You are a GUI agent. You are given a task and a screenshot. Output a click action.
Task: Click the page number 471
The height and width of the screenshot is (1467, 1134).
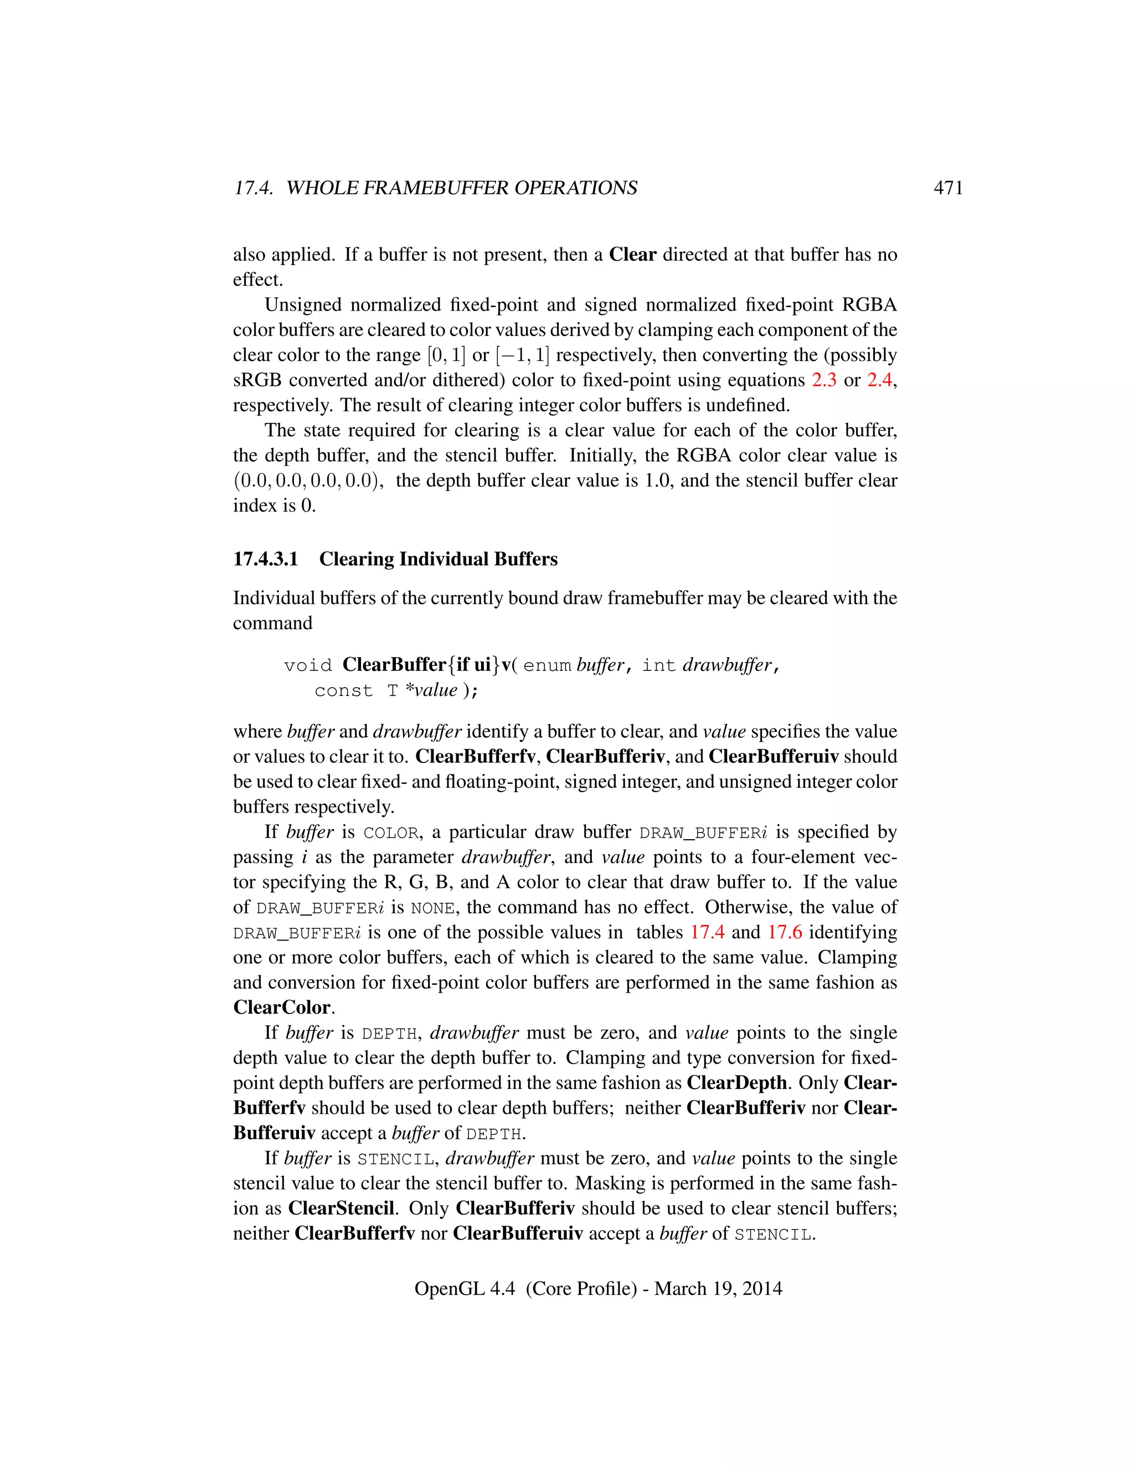tap(948, 188)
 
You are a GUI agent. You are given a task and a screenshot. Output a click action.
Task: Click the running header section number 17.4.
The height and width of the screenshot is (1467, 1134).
tap(253, 188)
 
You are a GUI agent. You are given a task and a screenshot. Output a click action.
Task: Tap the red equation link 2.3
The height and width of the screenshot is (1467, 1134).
tap(823, 380)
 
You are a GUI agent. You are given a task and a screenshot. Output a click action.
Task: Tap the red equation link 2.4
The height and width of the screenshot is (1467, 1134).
tap(879, 380)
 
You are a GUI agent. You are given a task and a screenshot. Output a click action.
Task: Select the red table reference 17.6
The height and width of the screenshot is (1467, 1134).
tap(785, 932)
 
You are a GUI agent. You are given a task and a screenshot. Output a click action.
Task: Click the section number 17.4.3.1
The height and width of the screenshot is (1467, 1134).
tap(265, 559)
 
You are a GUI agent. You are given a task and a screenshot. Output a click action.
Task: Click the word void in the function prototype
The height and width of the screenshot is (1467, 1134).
tap(308, 665)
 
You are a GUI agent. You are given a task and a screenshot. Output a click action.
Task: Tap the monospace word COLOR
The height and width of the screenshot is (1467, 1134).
tap(391, 833)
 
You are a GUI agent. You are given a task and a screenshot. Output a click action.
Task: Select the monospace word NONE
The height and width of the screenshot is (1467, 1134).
tap(432, 908)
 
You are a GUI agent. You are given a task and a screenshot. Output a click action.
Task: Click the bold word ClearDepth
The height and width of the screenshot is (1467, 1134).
tap(736, 1083)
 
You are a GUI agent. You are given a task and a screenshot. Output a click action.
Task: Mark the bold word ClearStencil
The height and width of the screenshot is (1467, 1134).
tap(341, 1208)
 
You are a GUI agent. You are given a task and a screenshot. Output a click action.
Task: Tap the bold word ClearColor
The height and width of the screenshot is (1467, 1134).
tap(282, 1008)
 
